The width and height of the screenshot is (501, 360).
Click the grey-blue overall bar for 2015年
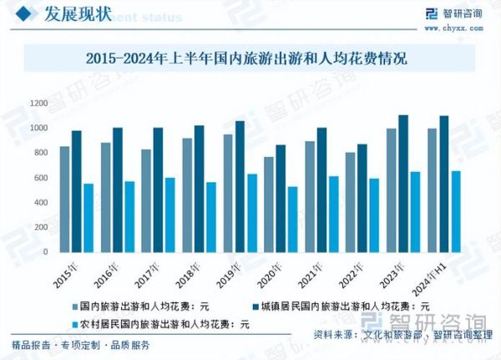(x=64, y=199)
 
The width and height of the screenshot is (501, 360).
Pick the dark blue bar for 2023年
(x=403, y=183)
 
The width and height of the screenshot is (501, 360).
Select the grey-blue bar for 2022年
(x=351, y=202)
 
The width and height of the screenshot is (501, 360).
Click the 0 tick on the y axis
(x=43, y=252)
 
